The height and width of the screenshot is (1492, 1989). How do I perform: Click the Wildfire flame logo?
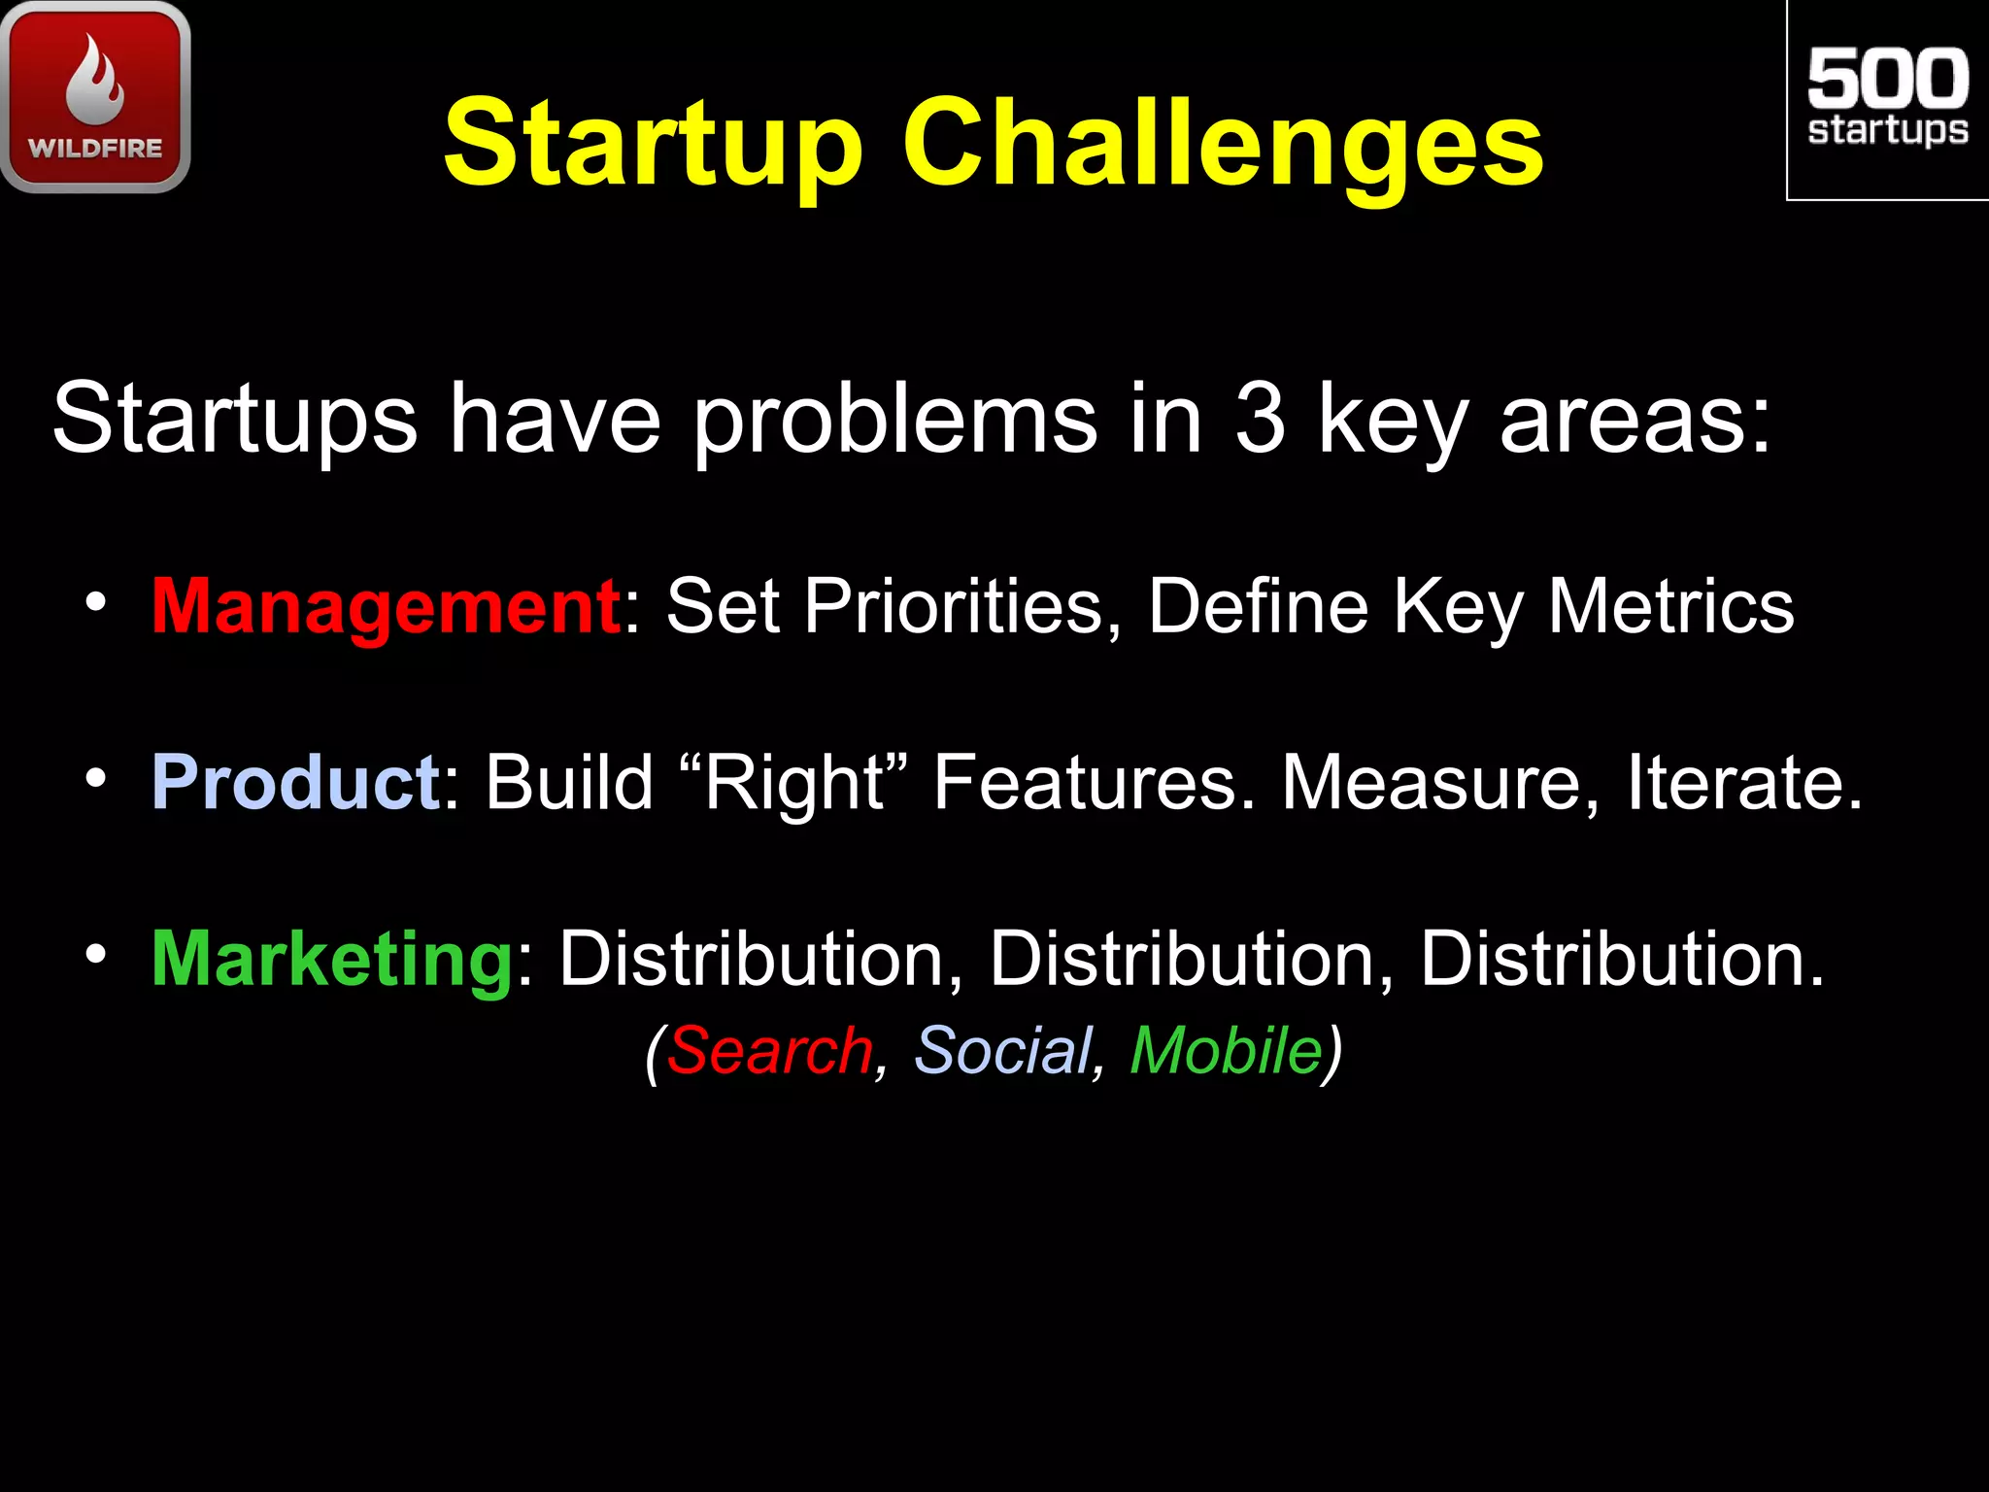(95, 97)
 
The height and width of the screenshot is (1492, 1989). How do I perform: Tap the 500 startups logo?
(1887, 99)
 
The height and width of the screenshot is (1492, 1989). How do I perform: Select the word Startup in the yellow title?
(653, 146)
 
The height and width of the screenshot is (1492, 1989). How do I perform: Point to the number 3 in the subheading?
(1261, 418)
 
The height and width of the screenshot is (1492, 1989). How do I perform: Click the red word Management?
(386, 606)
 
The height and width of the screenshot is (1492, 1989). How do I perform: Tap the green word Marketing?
(332, 959)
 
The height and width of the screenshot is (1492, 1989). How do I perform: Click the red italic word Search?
(769, 1050)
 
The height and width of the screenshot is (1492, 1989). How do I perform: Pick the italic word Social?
(1003, 1050)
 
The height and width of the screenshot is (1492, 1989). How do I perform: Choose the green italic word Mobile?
(1226, 1050)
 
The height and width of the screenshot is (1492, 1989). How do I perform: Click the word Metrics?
(1670, 606)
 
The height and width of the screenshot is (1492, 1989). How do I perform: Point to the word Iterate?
(1743, 782)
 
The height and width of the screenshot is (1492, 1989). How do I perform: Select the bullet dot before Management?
(94, 603)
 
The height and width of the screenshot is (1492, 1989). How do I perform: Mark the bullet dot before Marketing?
(94, 955)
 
